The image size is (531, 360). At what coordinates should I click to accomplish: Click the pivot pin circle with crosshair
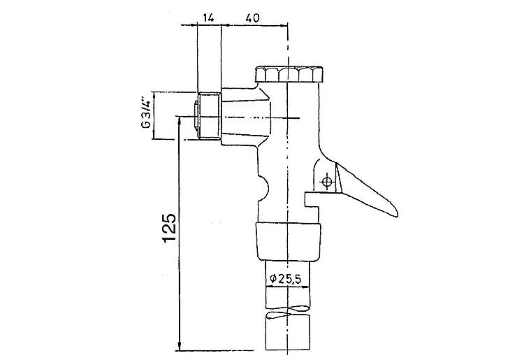coord(326,182)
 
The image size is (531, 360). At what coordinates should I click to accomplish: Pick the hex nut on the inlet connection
coord(208,116)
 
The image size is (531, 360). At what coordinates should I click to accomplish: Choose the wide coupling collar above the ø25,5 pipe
coord(287,240)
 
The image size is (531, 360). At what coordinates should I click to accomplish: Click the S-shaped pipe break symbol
coord(287,310)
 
